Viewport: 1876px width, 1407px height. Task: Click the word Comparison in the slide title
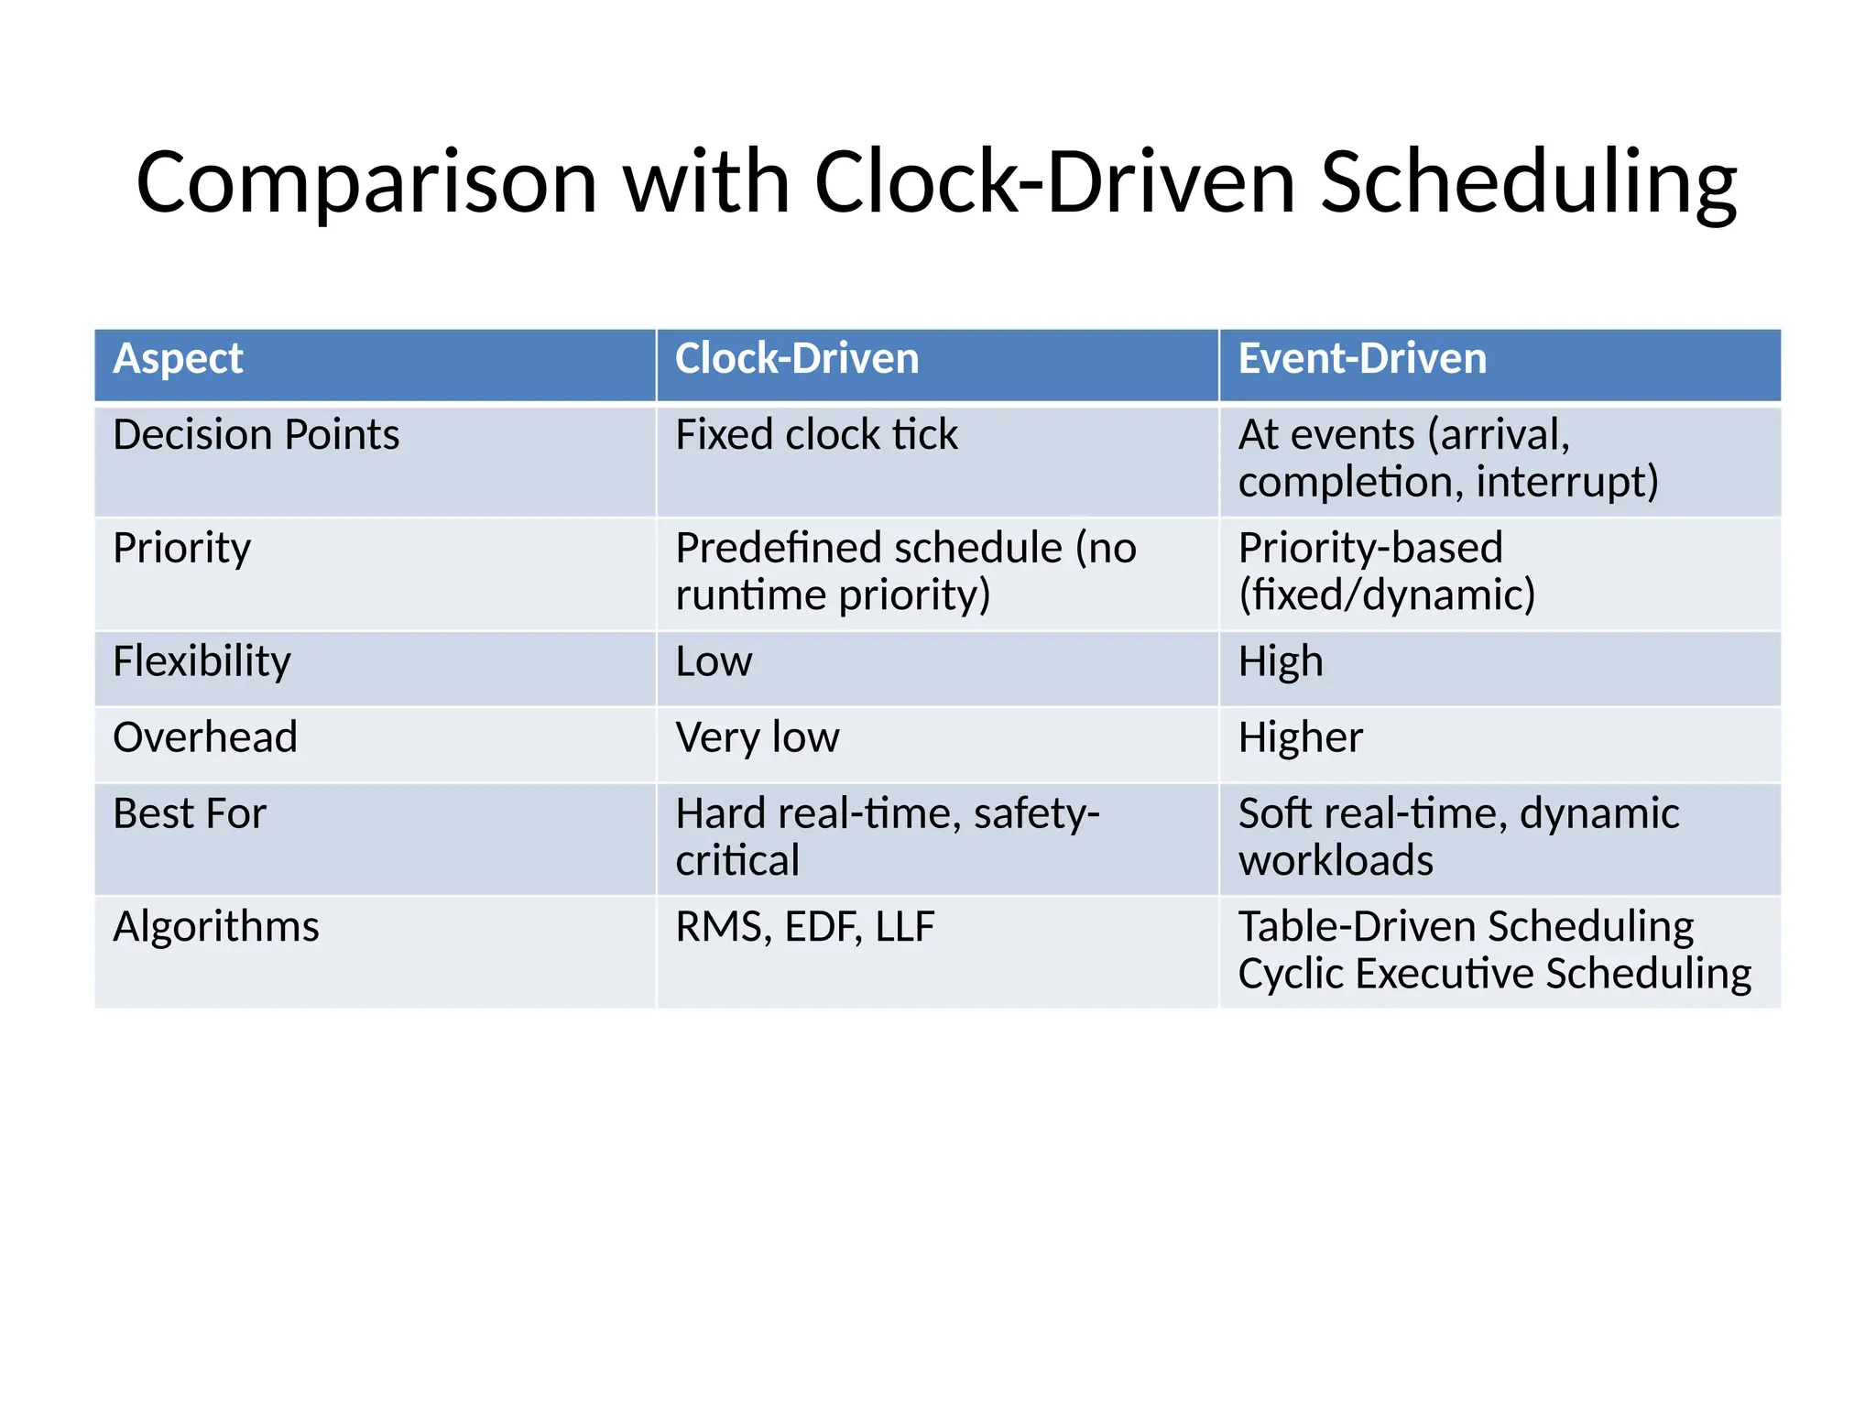[x=366, y=183]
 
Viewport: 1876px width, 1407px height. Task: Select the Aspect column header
[x=178, y=358]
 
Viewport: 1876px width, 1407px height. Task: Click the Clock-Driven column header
[x=796, y=358]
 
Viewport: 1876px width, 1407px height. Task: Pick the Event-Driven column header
[x=1362, y=358]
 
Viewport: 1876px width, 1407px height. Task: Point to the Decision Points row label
[x=256, y=435]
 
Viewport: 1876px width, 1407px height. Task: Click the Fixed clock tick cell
[x=816, y=435]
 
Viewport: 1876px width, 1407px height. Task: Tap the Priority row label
[x=181, y=549]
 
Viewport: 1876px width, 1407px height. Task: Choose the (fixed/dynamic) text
[x=1386, y=595]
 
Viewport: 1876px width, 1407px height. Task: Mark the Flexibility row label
[x=202, y=661]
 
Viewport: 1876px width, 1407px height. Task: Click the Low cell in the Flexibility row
[x=714, y=661]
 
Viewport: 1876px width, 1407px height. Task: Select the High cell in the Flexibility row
[x=1280, y=661]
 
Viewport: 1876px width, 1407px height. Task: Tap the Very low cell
[x=757, y=737]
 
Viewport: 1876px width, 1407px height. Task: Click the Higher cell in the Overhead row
[x=1300, y=737]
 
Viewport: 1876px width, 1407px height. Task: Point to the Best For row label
[x=189, y=813]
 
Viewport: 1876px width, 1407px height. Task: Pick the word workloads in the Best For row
[x=1336, y=861]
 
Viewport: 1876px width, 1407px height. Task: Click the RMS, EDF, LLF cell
[x=804, y=927]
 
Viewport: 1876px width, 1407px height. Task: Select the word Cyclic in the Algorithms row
[x=1291, y=974]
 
